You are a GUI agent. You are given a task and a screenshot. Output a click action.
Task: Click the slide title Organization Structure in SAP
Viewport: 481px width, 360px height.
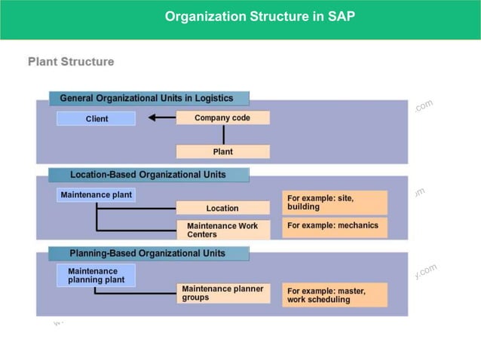(259, 16)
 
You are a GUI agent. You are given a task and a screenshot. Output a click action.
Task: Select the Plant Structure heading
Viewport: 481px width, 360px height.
(71, 62)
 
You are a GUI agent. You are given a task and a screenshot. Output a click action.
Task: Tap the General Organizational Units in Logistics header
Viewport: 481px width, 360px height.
(149, 98)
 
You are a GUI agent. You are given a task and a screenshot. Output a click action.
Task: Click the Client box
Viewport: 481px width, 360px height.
(97, 118)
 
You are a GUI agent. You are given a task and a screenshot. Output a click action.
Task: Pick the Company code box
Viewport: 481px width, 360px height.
(222, 117)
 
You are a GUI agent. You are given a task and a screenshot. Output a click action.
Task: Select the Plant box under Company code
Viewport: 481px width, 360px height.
(222, 151)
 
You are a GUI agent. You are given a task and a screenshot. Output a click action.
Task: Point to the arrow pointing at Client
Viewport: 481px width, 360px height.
(161, 117)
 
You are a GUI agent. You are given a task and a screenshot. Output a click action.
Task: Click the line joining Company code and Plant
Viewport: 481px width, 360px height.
(223, 134)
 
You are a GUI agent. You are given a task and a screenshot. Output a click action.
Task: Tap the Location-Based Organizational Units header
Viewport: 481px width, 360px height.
(148, 175)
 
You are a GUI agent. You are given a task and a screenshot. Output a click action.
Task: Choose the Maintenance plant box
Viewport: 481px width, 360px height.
(96, 195)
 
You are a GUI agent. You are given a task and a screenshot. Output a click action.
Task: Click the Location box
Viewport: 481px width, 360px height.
(222, 208)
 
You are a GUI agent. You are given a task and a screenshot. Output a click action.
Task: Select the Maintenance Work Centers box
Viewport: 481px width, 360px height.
(222, 230)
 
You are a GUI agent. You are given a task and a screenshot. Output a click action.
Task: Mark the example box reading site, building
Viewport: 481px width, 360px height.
(335, 202)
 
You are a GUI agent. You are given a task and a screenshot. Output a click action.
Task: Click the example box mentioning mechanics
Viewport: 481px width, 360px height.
(335, 227)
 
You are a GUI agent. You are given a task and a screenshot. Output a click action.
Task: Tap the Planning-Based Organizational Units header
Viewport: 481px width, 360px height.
(148, 253)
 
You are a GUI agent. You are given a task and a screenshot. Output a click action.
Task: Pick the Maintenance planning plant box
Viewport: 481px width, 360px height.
(96, 275)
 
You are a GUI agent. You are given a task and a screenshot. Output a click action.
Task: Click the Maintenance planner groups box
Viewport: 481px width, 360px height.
(223, 293)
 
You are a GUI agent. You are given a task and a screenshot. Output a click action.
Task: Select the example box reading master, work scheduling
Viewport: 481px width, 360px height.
(335, 294)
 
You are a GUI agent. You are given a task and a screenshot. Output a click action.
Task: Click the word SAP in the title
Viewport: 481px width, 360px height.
(341, 16)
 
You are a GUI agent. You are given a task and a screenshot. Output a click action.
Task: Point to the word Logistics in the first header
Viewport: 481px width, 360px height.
(214, 98)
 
